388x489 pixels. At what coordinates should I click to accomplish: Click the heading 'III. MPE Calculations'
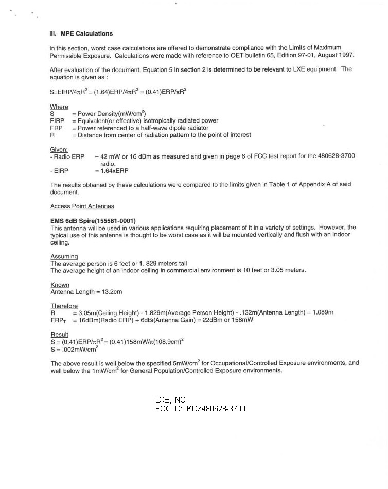[81, 34]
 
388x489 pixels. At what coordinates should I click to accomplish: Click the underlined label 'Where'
[59, 107]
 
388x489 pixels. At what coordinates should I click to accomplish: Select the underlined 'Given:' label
[59, 149]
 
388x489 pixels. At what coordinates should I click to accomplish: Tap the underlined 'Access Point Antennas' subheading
[82, 206]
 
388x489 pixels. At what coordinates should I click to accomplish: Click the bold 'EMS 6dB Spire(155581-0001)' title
[93, 221]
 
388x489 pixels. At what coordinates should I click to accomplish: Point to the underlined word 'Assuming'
[64, 256]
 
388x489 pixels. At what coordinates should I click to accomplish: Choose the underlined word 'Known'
[60, 285]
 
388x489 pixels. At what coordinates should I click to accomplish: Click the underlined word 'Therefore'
[64, 306]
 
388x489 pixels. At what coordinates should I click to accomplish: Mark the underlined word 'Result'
[59, 335]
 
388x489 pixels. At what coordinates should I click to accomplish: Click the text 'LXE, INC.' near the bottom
[171, 399]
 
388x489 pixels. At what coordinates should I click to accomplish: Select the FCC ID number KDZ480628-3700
[216, 409]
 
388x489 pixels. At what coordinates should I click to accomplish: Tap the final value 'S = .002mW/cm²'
[75, 350]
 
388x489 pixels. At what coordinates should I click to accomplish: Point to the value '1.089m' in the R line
[323, 312]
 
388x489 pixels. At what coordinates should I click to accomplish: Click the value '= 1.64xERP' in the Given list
[111, 171]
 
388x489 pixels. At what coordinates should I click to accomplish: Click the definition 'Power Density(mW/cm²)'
[112, 114]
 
